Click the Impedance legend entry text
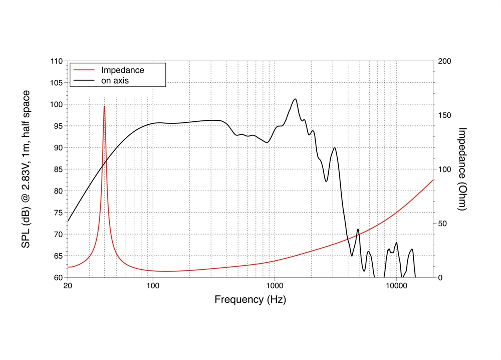122,70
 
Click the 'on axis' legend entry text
115,80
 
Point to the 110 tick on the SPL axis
56,61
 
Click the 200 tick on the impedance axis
445,61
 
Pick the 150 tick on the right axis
445,115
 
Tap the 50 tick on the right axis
443,224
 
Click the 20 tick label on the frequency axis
68,286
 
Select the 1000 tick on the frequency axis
275,286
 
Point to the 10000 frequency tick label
396,286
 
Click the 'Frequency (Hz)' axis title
250,300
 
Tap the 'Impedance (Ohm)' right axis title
462,169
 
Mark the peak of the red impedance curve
104,106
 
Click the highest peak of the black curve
295,99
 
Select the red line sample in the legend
84,70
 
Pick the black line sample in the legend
84,80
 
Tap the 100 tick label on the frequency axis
153,286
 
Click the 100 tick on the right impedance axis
445,169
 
